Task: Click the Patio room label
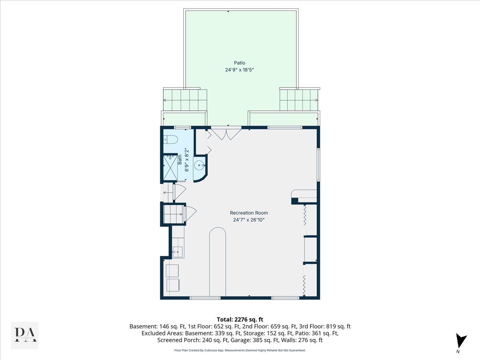[240, 63]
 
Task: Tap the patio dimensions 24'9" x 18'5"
[240, 70]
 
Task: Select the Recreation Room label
[249, 213]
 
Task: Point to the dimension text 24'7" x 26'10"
[249, 220]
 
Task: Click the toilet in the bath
[171, 140]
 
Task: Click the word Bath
[180, 160]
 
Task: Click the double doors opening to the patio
[226, 133]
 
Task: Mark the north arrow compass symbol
[461, 341]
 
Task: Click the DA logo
[25, 335]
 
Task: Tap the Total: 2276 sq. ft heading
[240, 319]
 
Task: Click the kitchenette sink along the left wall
[177, 252]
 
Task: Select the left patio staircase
[185, 100]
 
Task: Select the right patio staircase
[299, 100]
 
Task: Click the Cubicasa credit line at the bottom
[240, 350]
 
